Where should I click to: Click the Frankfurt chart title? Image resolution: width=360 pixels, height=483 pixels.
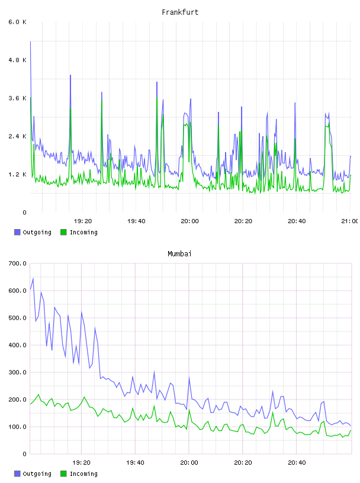tap(180, 12)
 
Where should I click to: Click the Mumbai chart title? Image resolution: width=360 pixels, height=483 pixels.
tap(179, 254)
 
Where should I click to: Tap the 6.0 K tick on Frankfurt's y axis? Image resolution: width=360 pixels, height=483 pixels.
tap(18, 22)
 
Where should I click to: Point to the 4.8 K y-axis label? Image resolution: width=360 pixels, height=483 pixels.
tap(18, 60)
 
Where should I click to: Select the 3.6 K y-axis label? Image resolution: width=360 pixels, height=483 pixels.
tap(18, 98)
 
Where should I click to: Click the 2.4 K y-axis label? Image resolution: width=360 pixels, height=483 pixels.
tap(18, 137)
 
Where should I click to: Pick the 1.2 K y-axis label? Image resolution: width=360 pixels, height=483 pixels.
tap(18, 175)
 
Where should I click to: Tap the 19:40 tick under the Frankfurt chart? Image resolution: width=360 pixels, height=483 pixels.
tap(136, 221)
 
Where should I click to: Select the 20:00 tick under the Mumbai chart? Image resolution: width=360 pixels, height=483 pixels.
tap(189, 463)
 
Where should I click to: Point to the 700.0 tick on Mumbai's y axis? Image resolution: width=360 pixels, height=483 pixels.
tap(18, 263)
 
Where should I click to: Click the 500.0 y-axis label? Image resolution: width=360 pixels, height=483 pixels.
tap(18, 318)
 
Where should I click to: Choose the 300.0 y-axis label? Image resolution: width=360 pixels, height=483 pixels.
tap(18, 372)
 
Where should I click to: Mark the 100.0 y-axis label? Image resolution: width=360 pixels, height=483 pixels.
tap(18, 427)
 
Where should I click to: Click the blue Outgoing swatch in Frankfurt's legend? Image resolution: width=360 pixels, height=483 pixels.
tap(17, 232)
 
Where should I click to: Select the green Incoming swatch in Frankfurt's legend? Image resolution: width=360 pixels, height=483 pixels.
tap(63, 232)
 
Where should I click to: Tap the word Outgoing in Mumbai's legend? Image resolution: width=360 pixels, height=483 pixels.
tap(37, 474)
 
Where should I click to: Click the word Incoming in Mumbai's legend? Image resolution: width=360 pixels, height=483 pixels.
tap(83, 474)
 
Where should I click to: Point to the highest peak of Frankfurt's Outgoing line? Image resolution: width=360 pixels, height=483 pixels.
tap(31, 41)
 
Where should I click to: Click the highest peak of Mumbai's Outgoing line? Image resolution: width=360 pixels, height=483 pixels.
tap(33, 278)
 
